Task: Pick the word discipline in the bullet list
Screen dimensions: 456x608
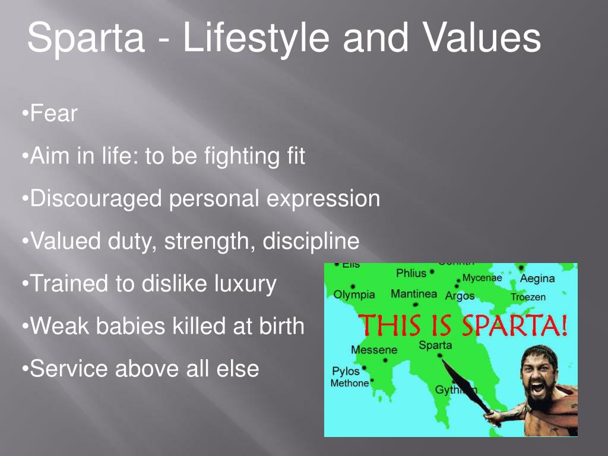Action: [x=311, y=241]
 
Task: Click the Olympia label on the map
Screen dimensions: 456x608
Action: [x=354, y=294]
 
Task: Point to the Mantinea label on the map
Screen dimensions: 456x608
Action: [x=414, y=294]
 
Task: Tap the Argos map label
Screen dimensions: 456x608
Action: [x=460, y=295]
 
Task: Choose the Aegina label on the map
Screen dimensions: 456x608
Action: [x=537, y=278]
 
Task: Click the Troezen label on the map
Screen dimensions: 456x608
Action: [x=528, y=297]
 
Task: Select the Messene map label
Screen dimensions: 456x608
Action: [x=374, y=350]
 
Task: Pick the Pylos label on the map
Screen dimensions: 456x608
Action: [x=346, y=371]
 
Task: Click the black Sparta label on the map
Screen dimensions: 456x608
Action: [x=435, y=345]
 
